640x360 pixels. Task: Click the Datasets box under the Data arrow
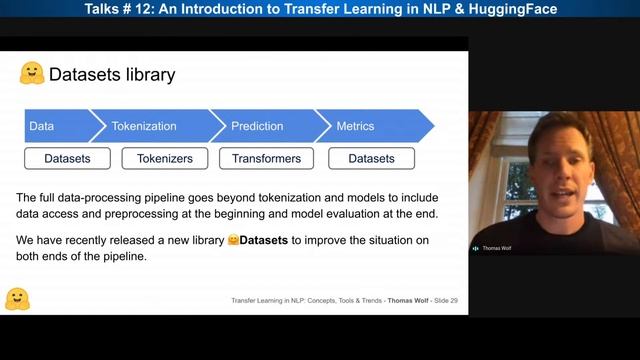pos(67,158)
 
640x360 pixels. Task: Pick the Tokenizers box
pos(164,158)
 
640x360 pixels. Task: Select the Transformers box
pos(265,158)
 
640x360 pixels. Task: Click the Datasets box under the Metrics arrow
pos(371,158)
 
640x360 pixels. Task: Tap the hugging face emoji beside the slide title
pos(31,74)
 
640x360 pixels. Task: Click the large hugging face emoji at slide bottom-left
pos(17,298)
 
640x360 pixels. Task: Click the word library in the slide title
pos(151,75)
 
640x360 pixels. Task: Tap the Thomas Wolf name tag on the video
pos(494,248)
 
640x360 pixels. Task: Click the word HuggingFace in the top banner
pos(506,8)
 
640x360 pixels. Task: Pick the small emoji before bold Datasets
pos(232,240)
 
